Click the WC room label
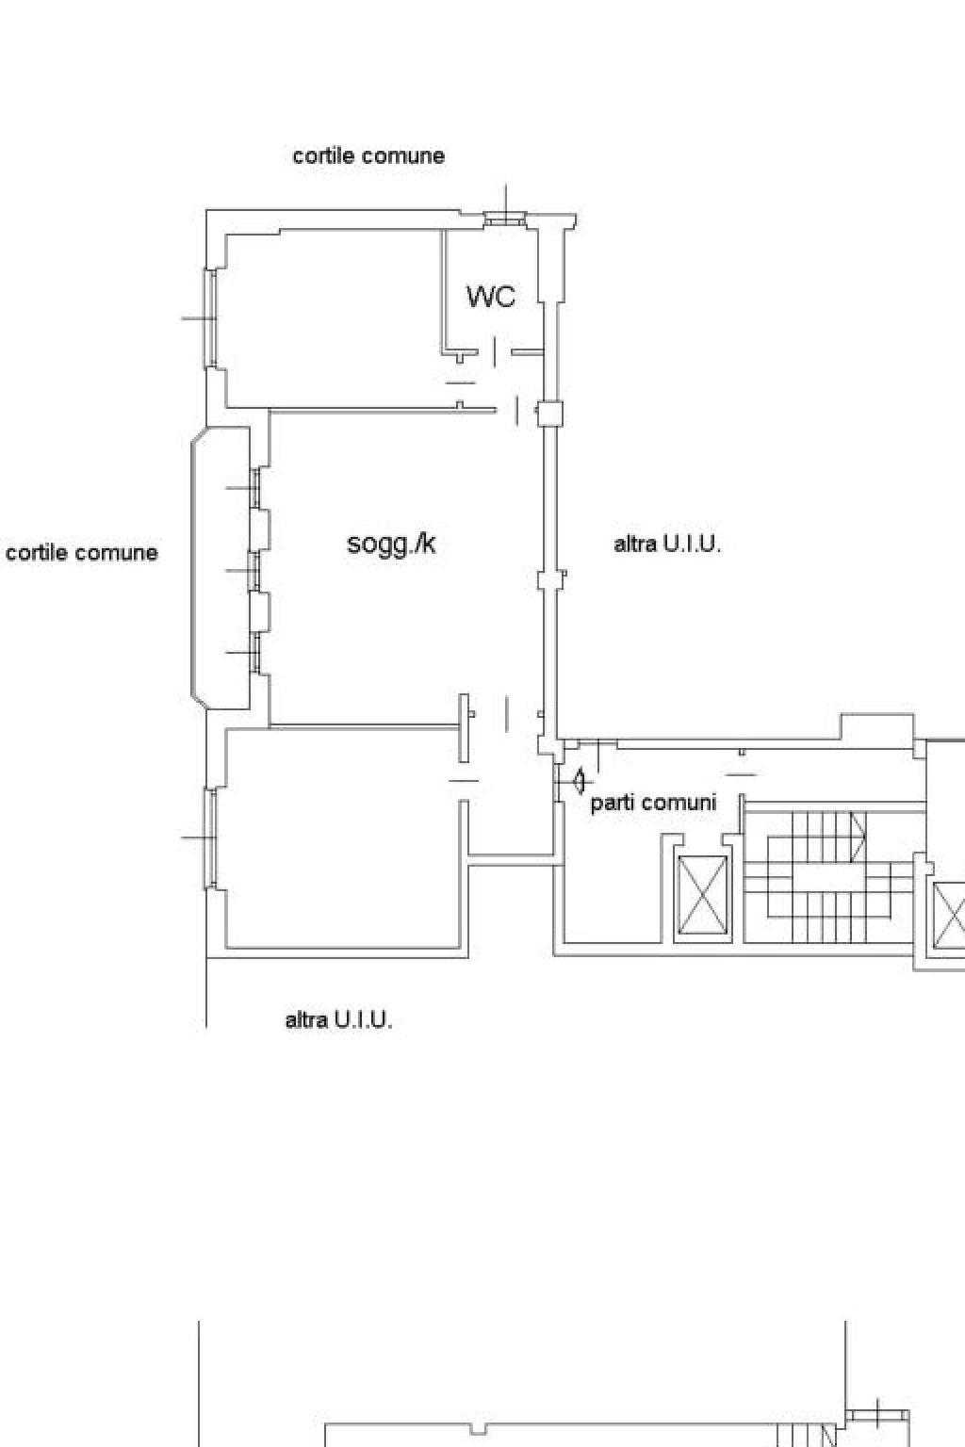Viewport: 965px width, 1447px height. [x=491, y=297]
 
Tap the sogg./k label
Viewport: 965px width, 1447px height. [x=392, y=544]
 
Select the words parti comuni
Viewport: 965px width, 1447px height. [x=653, y=803]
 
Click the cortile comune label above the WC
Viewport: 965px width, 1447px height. [x=368, y=155]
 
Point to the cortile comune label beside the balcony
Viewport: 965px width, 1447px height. [x=81, y=552]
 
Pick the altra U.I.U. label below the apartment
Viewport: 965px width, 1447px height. [x=338, y=1020]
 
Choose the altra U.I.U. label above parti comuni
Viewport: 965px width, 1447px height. [x=667, y=544]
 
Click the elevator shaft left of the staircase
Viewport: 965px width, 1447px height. [x=703, y=895]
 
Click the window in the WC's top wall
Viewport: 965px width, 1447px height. [x=506, y=220]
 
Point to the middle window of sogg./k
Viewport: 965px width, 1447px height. [x=255, y=571]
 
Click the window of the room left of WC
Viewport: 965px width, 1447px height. [x=211, y=318]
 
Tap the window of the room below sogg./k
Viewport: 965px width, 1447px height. [x=211, y=837]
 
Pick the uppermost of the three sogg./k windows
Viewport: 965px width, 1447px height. [x=255, y=488]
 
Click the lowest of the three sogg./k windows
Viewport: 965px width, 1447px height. [x=255, y=653]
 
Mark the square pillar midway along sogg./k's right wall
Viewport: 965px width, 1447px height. [x=550, y=579]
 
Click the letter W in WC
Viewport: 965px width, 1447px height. [x=479, y=297]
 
